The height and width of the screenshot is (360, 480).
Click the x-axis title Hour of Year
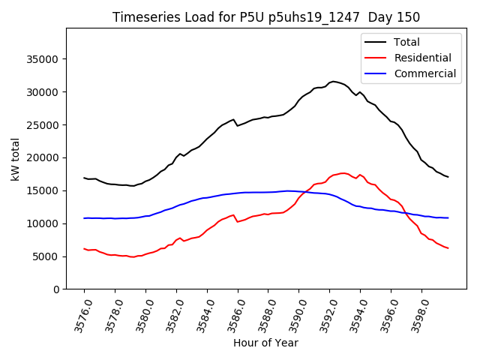tap(265, 343)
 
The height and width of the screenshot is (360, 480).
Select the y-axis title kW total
tap(15, 159)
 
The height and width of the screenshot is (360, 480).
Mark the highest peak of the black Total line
tap(334, 81)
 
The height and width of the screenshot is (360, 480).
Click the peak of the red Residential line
tap(343, 173)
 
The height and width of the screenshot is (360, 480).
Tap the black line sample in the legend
tap(376, 42)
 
